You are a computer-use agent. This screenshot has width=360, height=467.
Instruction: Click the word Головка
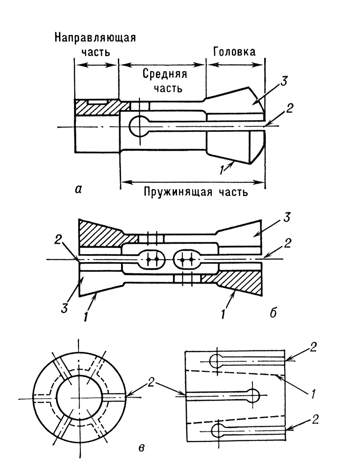234,52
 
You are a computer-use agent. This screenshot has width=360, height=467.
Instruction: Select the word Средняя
165,74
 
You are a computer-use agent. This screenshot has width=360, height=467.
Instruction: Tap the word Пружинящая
178,192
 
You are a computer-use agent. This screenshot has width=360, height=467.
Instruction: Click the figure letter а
78,189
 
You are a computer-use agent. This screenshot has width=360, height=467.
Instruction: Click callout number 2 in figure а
289,108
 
